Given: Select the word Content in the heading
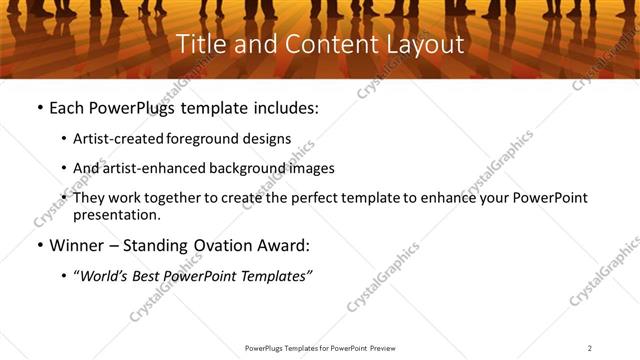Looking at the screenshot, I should coord(322,45).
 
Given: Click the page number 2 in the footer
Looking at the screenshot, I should coord(590,348).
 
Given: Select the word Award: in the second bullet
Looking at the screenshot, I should coord(282,244).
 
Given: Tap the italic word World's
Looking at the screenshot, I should coord(104,276).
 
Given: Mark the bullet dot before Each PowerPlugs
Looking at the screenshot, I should coord(38,108).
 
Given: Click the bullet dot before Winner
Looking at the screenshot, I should coord(38,245).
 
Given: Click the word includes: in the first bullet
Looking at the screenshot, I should coord(285,107).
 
